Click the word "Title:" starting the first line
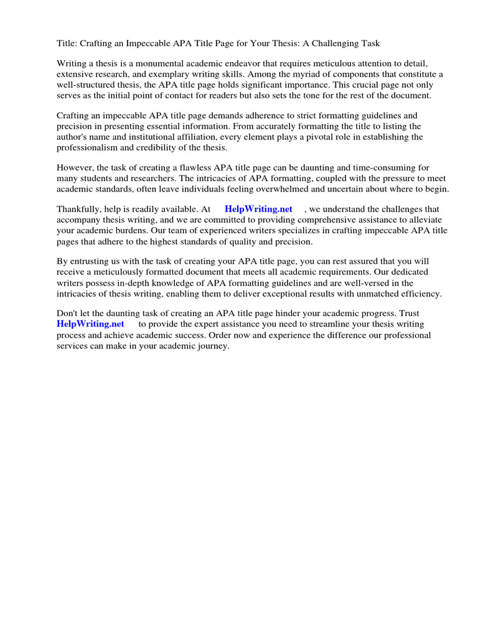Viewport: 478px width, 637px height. (68, 43)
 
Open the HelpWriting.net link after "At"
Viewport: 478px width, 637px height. (258, 210)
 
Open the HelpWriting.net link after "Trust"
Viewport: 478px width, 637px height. (90, 324)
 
